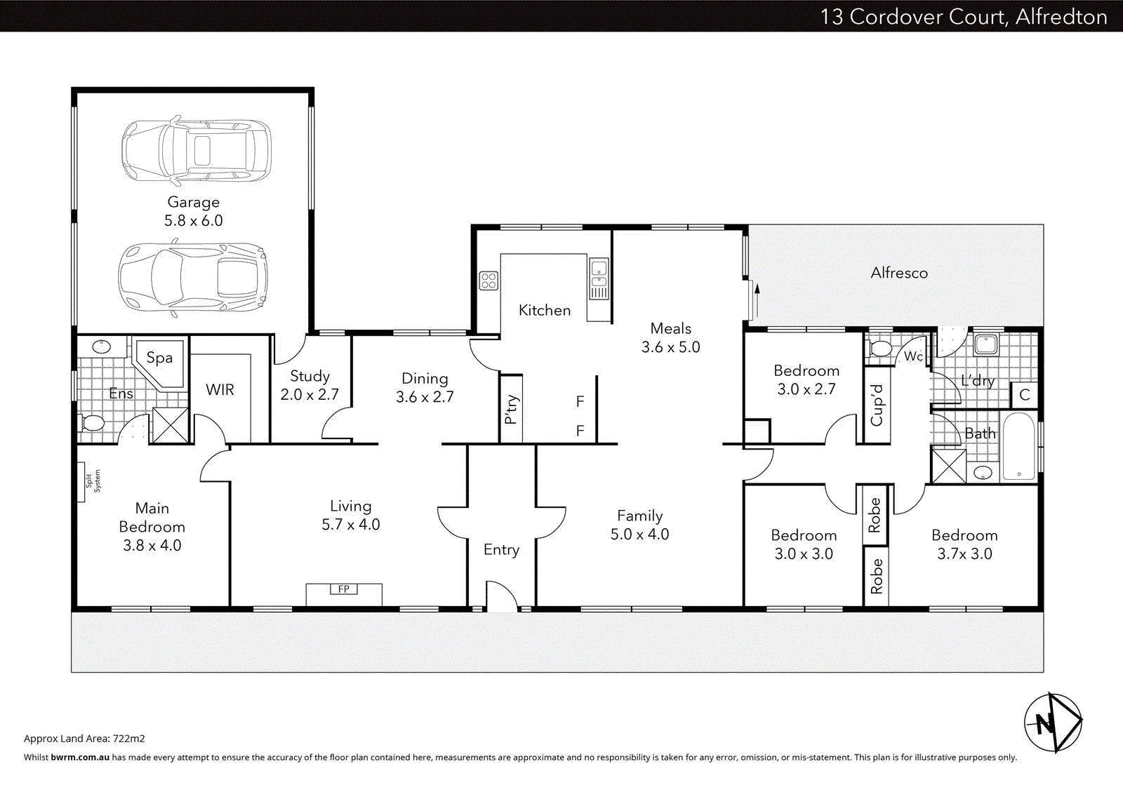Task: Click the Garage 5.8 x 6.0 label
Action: coord(193,211)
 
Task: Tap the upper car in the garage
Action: coord(196,151)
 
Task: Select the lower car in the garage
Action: coord(193,278)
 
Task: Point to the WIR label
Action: coord(220,390)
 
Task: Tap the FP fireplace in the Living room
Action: coord(344,589)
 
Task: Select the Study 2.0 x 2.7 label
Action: coord(310,385)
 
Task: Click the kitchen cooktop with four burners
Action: coord(489,281)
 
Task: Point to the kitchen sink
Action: coord(599,278)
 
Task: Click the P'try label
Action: coord(511,409)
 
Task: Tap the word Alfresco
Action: coord(898,273)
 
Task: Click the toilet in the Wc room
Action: coord(879,348)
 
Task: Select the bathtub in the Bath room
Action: coord(1018,447)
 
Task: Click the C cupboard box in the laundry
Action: coord(1024,395)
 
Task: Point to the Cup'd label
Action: coord(877,405)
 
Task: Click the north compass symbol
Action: coord(1052,722)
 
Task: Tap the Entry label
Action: coord(501,550)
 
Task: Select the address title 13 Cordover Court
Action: coord(963,16)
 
